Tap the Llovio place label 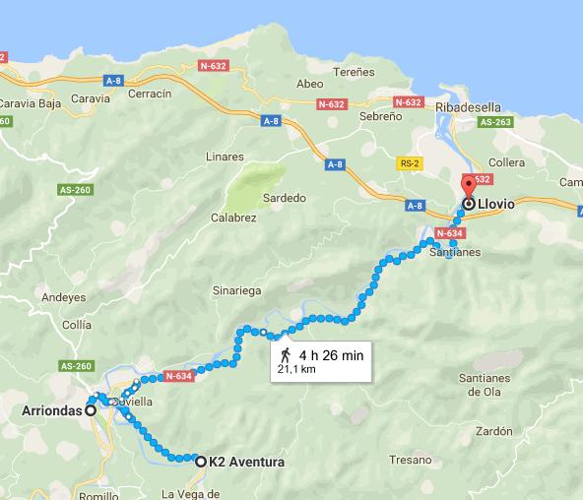pos(499,205)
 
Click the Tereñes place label pos(355,72)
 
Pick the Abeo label pos(310,84)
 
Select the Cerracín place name pos(149,94)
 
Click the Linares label pos(225,156)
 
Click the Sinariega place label pos(236,291)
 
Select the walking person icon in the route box pos(285,354)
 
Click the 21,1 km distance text pos(294,369)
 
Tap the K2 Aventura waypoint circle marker pos(201,462)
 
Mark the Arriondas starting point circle pos(91,411)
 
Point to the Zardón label pos(493,431)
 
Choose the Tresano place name pos(410,460)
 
